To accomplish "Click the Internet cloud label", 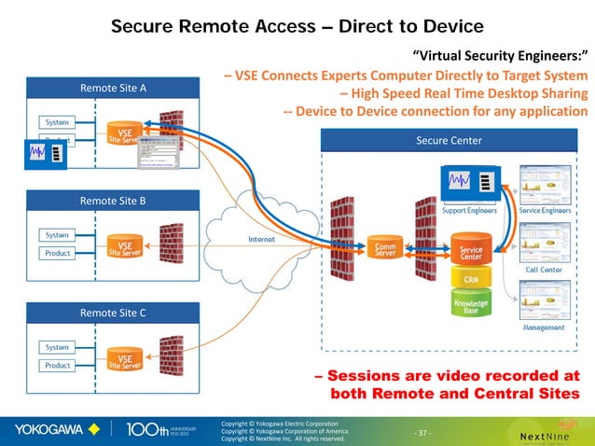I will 261,239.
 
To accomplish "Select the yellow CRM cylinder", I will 471,279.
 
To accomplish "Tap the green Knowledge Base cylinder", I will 471,305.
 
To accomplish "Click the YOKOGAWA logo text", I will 49,430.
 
